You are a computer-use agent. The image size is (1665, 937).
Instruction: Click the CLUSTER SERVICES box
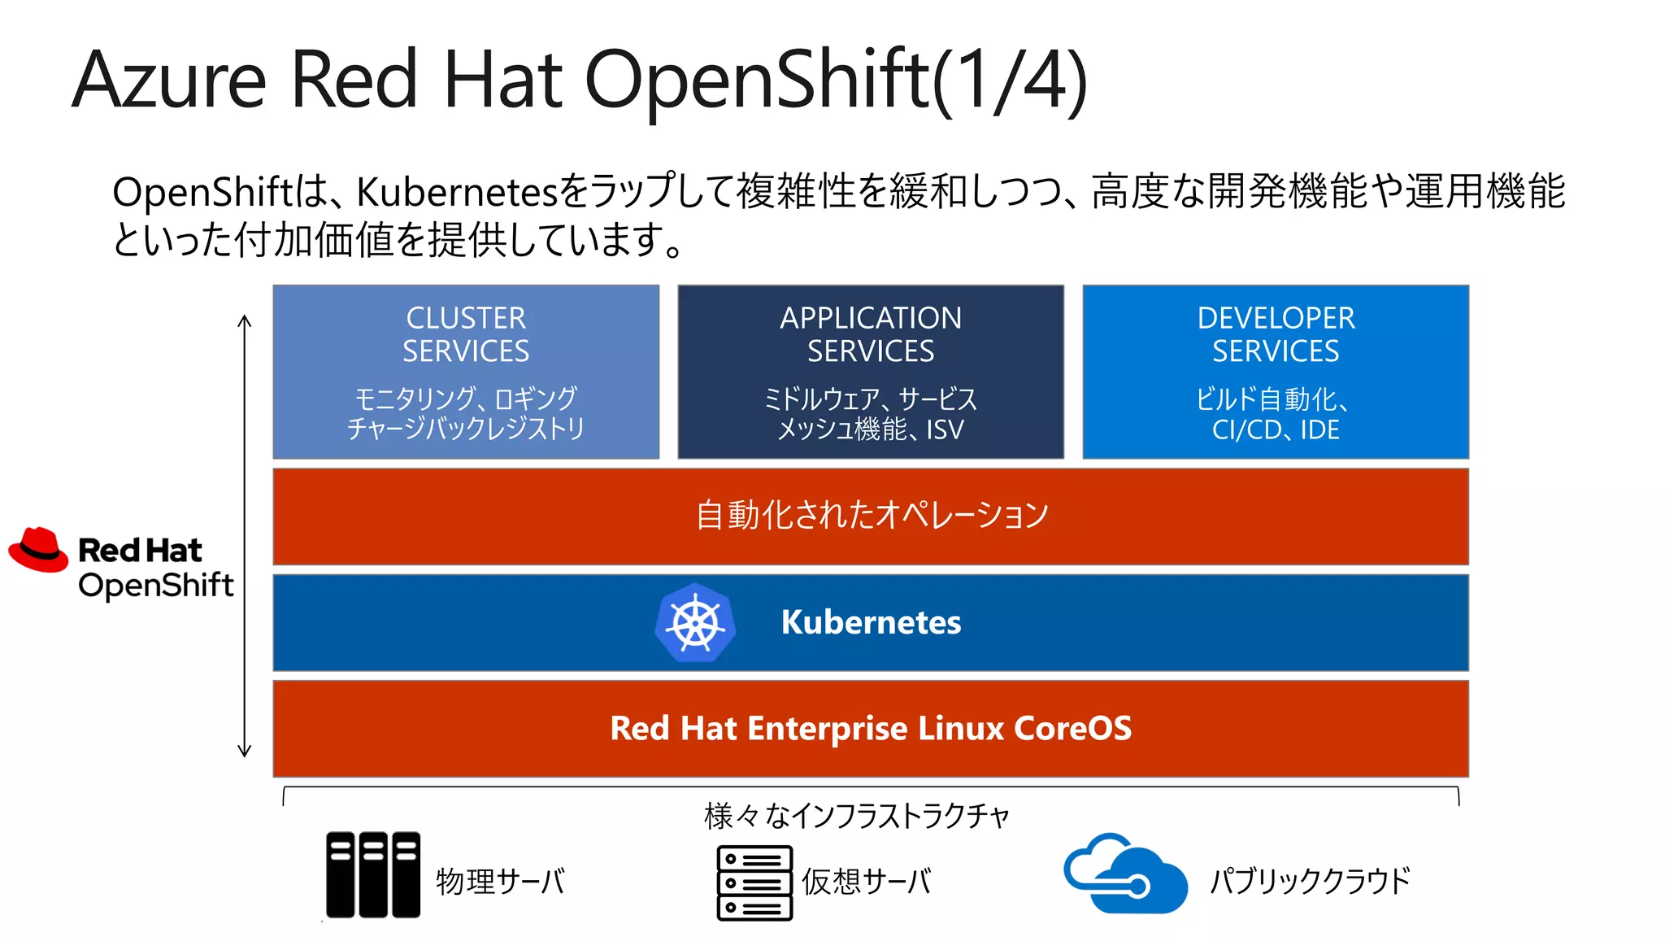point(466,372)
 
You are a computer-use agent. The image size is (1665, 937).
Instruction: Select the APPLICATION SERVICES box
point(871,372)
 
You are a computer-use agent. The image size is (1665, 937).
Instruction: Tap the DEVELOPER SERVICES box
point(1276,372)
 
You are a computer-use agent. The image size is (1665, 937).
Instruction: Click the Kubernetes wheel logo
point(696,623)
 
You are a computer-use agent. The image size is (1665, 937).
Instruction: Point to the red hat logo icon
point(38,550)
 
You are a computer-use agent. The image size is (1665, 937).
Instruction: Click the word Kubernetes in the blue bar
point(871,622)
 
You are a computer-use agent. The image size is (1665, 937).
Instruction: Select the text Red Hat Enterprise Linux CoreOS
point(871,728)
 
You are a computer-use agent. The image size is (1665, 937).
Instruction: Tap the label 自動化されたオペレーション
point(871,515)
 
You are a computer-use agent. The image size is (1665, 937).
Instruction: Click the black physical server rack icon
point(373,874)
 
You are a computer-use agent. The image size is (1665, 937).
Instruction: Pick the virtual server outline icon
point(754,883)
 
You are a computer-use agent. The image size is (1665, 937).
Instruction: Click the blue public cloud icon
point(1124,874)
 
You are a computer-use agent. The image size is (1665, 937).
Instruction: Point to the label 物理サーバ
point(500,882)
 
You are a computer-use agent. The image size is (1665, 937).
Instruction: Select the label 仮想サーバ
point(866,882)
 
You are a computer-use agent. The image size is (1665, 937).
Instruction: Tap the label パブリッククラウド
point(1310,882)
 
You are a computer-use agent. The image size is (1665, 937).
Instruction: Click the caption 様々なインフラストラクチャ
point(856,816)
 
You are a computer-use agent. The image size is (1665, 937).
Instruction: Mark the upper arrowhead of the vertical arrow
point(245,320)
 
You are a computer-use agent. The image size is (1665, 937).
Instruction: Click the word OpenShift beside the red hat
point(156,586)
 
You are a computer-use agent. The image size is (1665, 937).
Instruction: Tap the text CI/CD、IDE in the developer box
point(1276,429)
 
